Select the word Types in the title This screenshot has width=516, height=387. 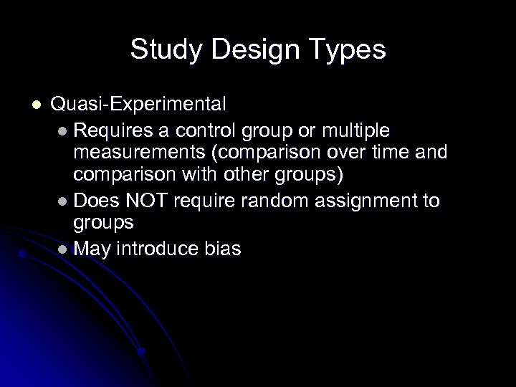click(x=348, y=49)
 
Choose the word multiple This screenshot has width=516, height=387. click(x=353, y=131)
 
